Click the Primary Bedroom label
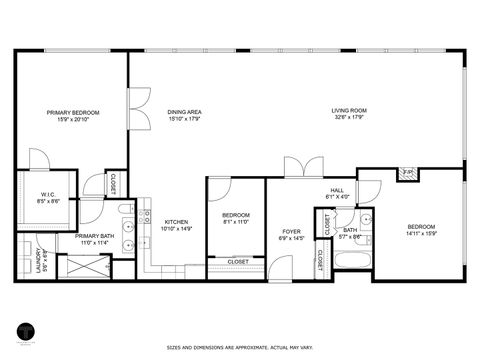[x=73, y=112]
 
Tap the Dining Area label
[x=185, y=112]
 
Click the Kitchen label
[x=176, y=222]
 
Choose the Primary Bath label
[x=93, y=236]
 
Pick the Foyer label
[x=291, y=232]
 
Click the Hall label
[x=337, y=190]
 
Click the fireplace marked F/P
[x=408, y=173]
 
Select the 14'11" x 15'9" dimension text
[x=421, y=235]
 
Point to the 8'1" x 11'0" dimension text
[x=236, y=222]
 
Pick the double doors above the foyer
[x=299, y=167]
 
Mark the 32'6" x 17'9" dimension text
[x=349, y=118]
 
